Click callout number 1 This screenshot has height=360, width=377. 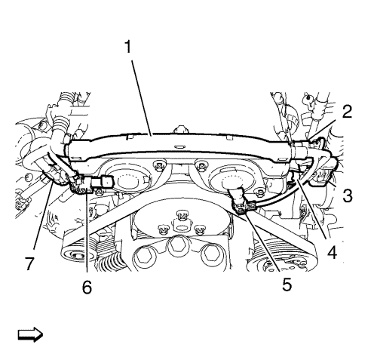point(128,47)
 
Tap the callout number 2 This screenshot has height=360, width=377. point(347,112)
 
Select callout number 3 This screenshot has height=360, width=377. point(348,195)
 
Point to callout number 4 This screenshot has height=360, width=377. point(332,252)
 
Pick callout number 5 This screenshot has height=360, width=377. point(287,285)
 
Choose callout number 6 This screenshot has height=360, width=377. point(87,288)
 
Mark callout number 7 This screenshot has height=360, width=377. point(29,264)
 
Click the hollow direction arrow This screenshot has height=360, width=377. point(30,335)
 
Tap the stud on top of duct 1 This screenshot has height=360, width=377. point(180,129)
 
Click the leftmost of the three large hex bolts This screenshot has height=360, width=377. point(143,255)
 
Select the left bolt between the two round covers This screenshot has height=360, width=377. point(159,165)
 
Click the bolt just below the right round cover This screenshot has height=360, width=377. point(259,192)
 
